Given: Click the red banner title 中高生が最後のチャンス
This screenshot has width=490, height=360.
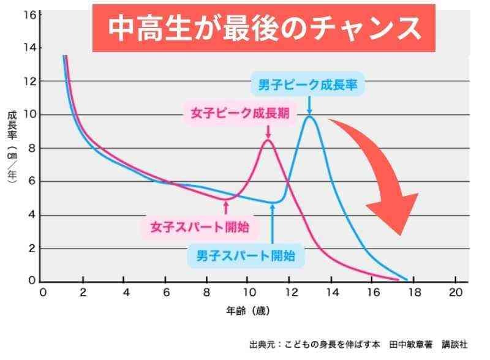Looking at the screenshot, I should [264, 28].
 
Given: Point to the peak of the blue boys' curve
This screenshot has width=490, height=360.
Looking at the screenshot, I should [310, 116].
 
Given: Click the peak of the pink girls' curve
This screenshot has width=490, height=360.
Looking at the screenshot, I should [268, 140].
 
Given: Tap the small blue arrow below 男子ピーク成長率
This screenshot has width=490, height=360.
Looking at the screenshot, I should [309, 103].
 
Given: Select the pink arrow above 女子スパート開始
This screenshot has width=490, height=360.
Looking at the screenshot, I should [227, 206].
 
